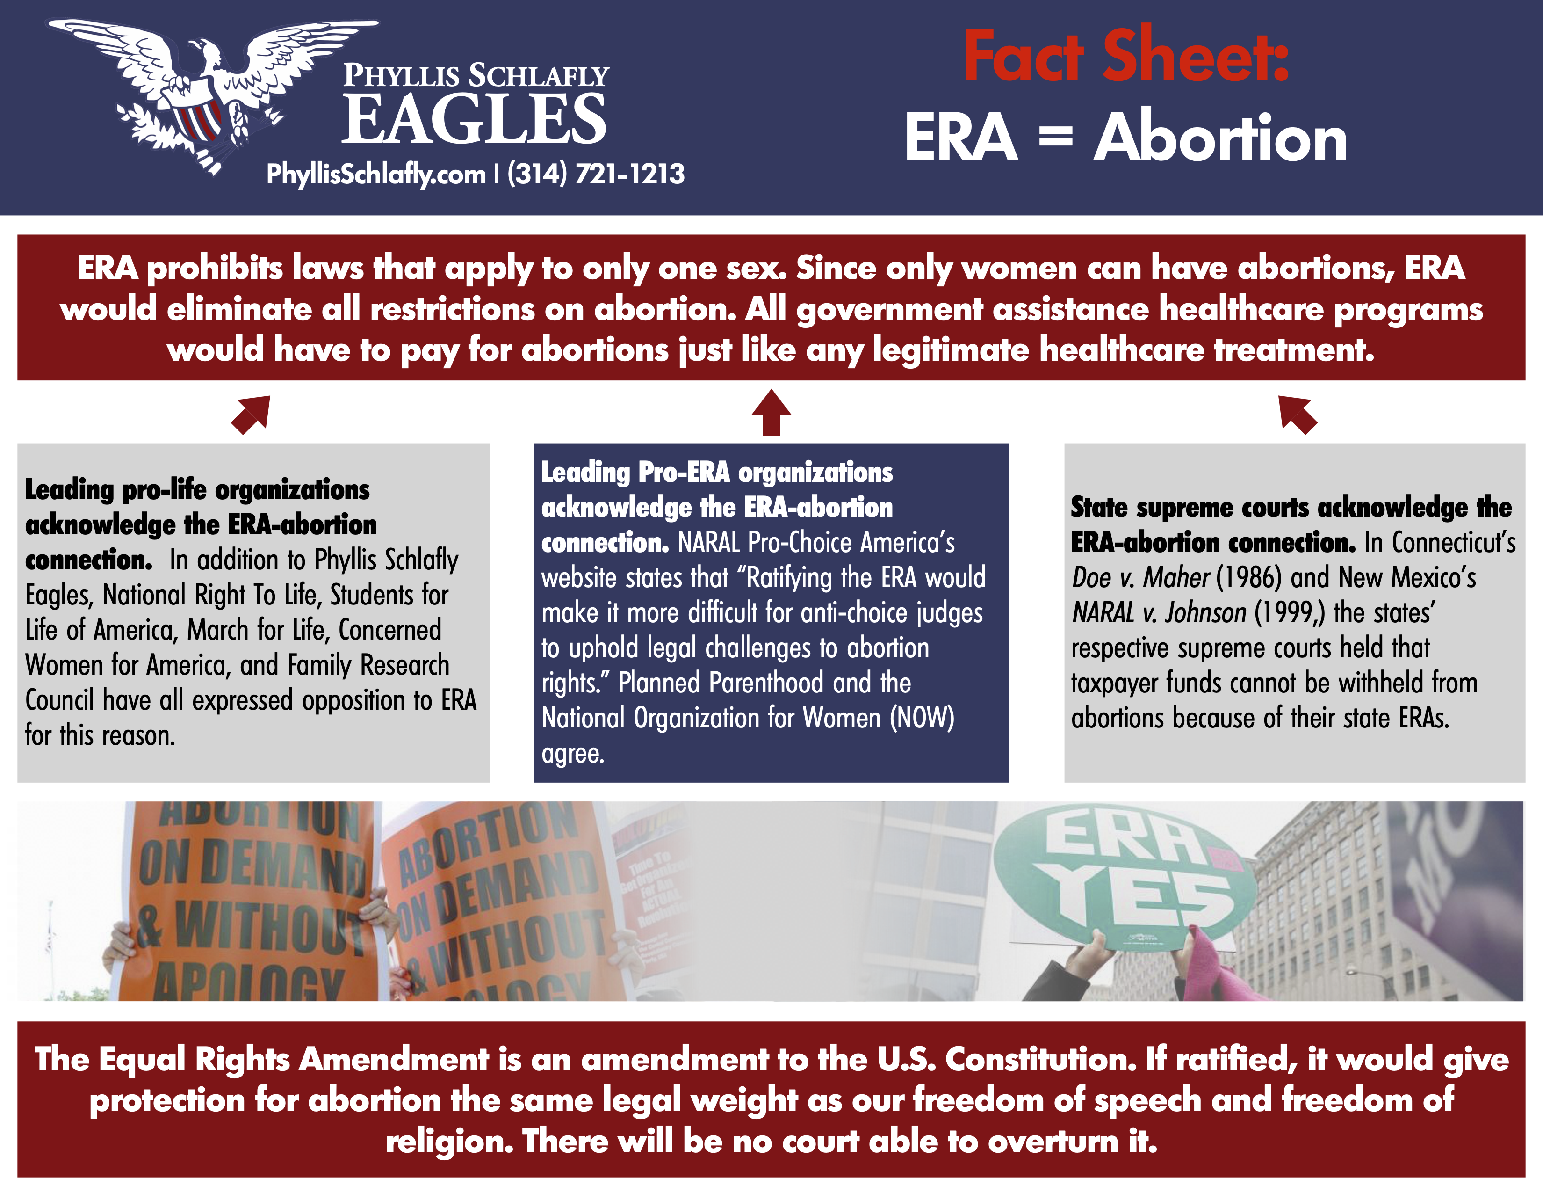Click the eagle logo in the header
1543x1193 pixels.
click(x=212, y=95)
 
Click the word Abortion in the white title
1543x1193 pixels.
click(x=1220, y=138)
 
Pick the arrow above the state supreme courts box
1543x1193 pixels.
click(x=1298, y=415)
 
